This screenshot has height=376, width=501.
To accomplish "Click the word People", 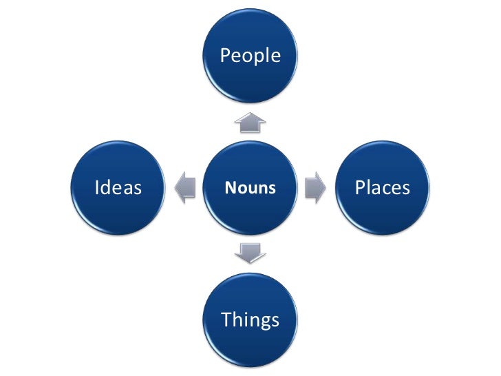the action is point(250,56).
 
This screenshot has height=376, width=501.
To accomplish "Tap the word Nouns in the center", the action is point(250,188).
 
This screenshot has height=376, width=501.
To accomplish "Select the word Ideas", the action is point(118,187).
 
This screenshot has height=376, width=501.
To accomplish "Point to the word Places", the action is point(382,187).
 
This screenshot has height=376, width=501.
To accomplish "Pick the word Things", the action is point(250,320).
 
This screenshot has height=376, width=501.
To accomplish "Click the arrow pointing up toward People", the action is point(250,123).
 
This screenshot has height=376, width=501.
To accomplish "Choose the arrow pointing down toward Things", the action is point(250,253).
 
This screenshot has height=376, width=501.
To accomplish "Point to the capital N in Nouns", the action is point(230,188).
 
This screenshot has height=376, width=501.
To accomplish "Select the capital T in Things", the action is point(225,320).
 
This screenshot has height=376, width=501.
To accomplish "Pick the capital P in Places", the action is point(359,187).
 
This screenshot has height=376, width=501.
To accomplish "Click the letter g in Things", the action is point(262,322).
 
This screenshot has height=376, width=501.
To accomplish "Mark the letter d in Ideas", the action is point(107,187).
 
